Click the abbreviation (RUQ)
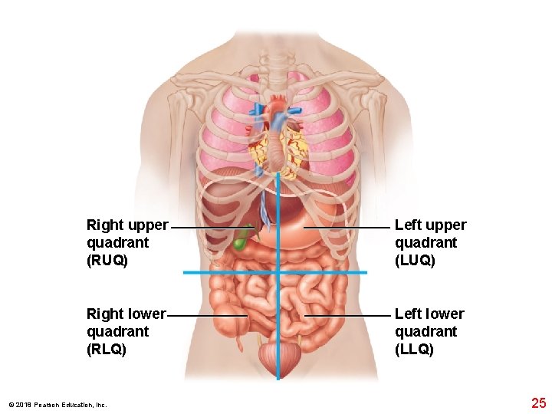(x=107, y=261)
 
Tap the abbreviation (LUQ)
(x=415, y=261)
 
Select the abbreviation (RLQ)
(x=107, y=350)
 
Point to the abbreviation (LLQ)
(x=414, y=350)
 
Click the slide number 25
(x=538, y=403)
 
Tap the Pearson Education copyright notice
(x=58, y=405)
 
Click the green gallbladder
(x=242, y=239)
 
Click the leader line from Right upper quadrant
(x=211, y=228)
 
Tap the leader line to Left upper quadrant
(x=347, y=228)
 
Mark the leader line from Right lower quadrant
(x=207, y=315)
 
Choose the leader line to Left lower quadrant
(x=347, y=315)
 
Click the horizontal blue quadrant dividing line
(x=230, y=273)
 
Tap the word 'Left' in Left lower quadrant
(x=408, y=314)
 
